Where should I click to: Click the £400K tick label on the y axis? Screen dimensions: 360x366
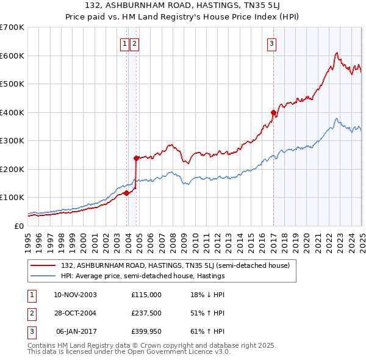(12, 112)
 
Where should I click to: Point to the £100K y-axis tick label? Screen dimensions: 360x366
(12, 198)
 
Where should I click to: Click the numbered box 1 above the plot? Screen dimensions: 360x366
(124, 43)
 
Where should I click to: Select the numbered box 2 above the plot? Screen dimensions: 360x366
(134, 43)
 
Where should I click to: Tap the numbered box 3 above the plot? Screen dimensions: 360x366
(271, 43)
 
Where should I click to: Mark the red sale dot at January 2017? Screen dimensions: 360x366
(273, 112)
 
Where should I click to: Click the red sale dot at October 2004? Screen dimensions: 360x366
(136, 158)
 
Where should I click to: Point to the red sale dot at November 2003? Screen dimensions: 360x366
(126, 193)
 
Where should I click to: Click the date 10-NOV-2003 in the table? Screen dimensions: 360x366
(75, 295)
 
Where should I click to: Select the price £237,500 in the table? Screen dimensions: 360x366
(146, 313)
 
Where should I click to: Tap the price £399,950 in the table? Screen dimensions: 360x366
(146, 331)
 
